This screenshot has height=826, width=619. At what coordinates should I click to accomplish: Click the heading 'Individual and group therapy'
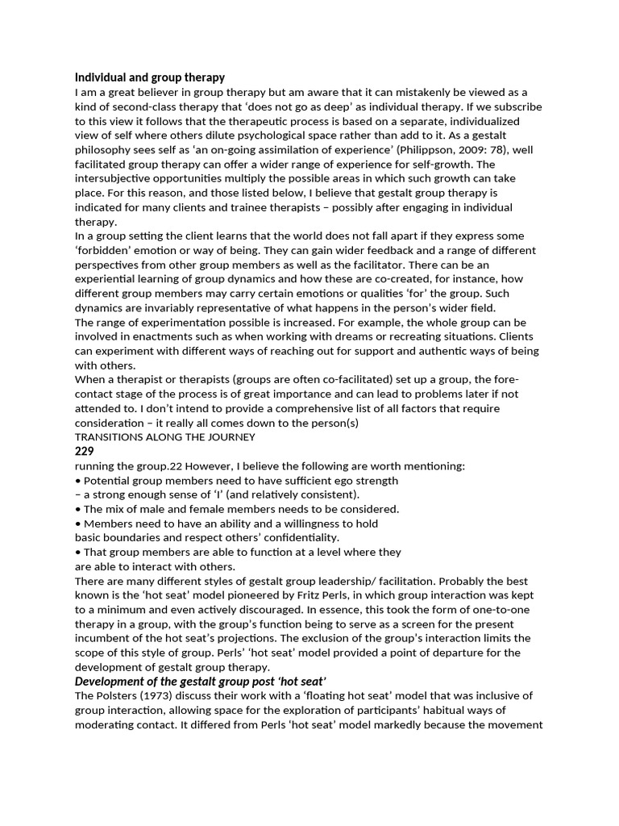[x=149, y=77]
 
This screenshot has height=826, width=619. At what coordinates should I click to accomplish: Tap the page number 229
[x=85, y=452]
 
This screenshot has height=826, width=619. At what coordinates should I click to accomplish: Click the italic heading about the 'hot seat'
[x=200, y=681]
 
